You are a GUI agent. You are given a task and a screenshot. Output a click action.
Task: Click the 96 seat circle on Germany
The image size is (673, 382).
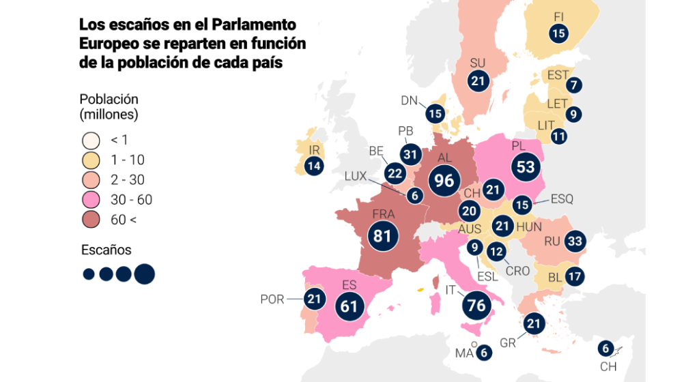click(x=444, y=180)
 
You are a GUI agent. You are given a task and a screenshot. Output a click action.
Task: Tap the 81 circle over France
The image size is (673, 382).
click(x=382, y=236)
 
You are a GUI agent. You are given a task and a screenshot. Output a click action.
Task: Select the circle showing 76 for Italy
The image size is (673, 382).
click(x=476, y=304)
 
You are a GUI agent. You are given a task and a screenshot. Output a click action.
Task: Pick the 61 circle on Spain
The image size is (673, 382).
click(x=349, y=306)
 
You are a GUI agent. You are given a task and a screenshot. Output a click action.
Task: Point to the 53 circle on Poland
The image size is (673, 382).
click(x=525, y=168)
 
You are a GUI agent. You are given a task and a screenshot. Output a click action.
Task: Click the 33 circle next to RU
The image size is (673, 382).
click(x=575, y=241)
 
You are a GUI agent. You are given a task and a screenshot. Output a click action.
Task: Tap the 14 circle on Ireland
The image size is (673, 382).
click(x=314, y=165)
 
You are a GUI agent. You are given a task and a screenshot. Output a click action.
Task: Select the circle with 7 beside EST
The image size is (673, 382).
click(x=573, y=85)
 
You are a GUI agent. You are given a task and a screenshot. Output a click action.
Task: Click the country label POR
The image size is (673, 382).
click(x=272, y=299)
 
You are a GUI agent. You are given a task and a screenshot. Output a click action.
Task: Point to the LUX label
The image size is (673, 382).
click(x=356, y=176)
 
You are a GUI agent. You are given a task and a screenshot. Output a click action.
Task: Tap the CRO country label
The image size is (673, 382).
click(x=517, y=271)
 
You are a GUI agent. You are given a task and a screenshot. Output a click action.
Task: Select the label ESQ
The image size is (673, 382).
click(x=560, y=199)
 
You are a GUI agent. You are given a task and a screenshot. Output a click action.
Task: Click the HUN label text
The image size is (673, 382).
click(x=530, y=226)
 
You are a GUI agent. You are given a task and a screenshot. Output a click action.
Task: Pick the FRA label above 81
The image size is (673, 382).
click(x=383, y=214)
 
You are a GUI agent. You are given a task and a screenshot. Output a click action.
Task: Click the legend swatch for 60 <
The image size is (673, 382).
click(x=91, y=220)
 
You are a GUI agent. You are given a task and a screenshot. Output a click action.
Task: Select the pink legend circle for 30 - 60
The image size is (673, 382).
click(x=91, y=200)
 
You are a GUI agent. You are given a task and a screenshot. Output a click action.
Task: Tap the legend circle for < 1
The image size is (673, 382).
click(x=91, y=140)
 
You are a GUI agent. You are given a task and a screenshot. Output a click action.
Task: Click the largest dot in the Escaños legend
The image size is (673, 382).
click(x=145, y=274)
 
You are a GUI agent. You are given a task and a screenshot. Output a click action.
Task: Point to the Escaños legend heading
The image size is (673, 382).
click(x=106, y=250)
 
